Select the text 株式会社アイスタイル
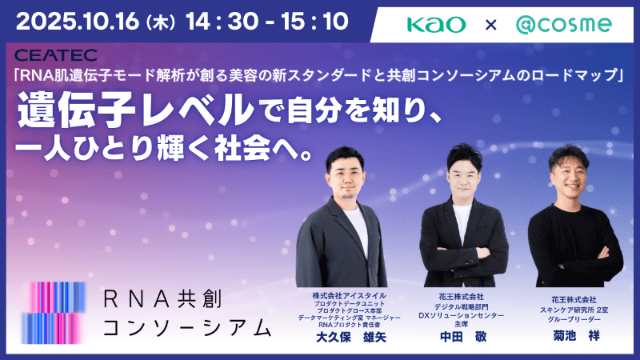(348, 294)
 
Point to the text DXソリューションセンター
(462, 314)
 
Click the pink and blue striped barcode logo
(53, 312)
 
